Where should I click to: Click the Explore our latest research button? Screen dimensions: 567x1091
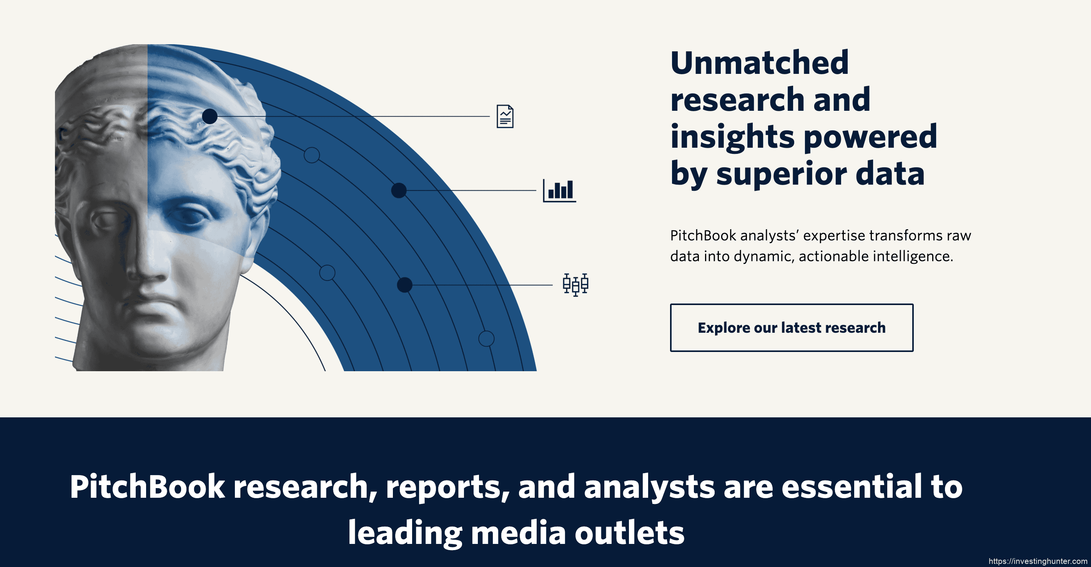(791, 328)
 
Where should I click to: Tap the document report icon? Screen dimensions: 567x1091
(505, 116)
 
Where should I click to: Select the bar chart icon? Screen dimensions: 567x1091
(559, 190)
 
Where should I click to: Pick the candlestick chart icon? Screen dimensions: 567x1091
(575, 284)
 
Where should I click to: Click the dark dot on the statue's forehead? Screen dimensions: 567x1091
(210, 116)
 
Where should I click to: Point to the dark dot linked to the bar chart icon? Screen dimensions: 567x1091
(399, 190)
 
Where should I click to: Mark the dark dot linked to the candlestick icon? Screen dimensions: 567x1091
(404, 285)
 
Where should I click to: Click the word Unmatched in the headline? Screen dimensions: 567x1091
(759, 63)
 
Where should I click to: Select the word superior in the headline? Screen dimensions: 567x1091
(782, 174)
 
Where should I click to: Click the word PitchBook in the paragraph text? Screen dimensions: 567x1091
(703, 236)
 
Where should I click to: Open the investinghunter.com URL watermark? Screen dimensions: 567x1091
(1038, 562)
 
